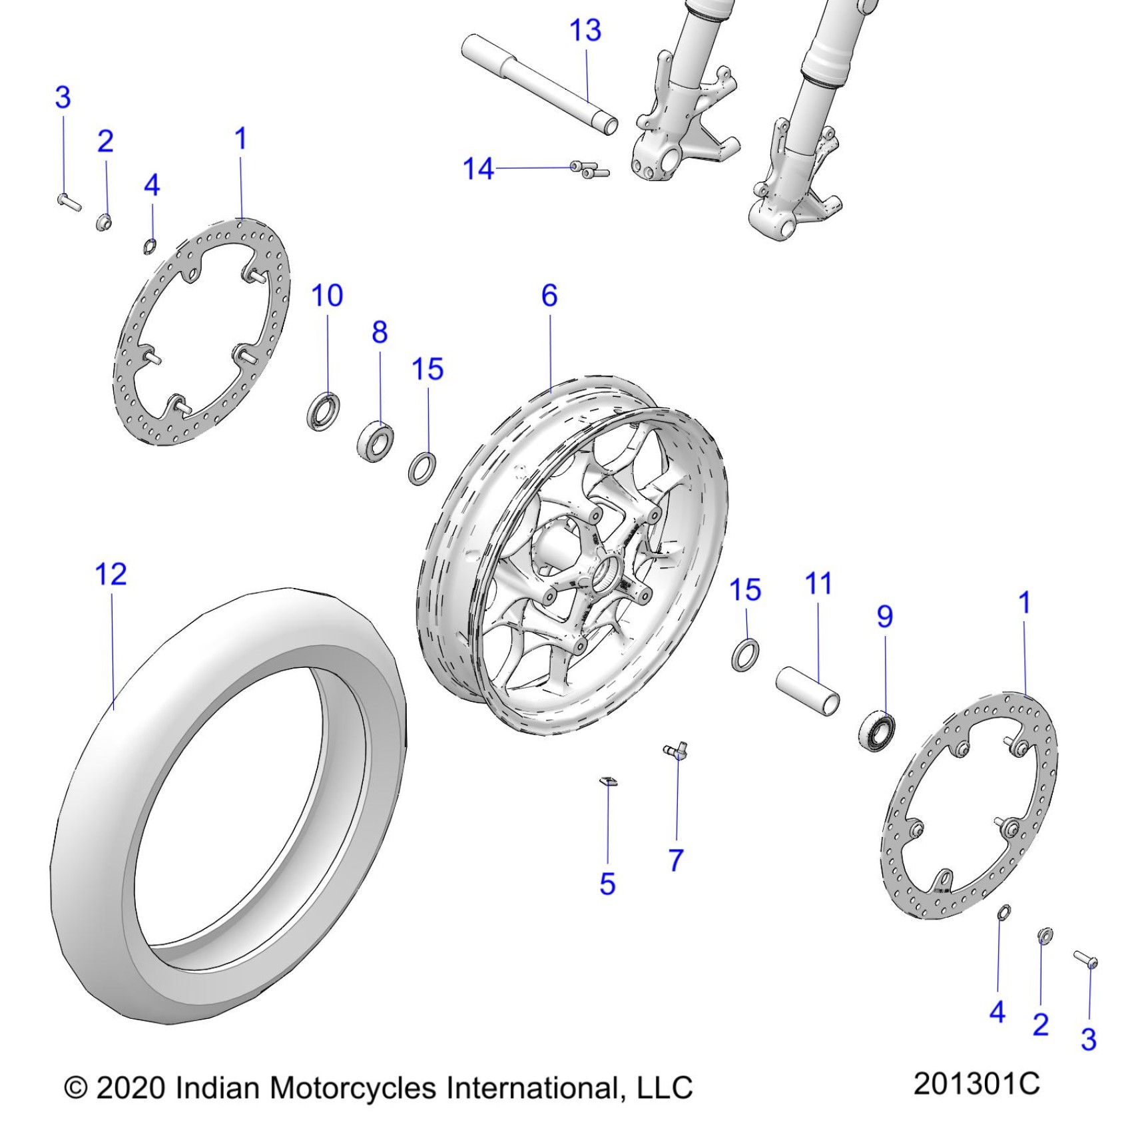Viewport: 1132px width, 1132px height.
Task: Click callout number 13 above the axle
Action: pyautogui.click(x=585, y=31)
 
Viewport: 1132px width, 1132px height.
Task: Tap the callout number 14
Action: pyautogui.click(x=478, y=169)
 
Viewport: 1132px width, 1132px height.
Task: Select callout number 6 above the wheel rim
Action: pyautogui.click(x=549, y=296)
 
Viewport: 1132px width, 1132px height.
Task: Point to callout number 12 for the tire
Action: pyautogui.click(x=111, y=574)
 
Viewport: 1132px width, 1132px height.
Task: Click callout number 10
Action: pyautogui.click(x=327, y=296)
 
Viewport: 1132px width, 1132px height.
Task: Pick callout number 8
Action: pyautogui.click(x=380, y=332)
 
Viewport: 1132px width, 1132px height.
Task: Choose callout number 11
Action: pyautogui.click(x=818, y=584)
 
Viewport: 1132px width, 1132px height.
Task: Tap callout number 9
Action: pyautogui.click(x=884, y=617)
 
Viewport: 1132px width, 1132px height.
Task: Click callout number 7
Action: pyautogui.click(x=676, y=860)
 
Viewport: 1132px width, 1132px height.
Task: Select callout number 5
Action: pyautogui.click(x=607, y=884)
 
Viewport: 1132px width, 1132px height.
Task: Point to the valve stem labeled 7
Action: pyautogui.click(x=676, y=752)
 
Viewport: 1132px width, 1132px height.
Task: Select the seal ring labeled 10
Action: pyautogui.click(x=324, y=412)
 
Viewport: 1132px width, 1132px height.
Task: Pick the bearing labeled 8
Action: pyautogui.click(x=376, y=439)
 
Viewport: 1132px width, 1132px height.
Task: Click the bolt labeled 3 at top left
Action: pyautogui.click(x=68, y=201)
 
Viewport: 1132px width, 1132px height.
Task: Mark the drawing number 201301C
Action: pyautogui.click(x=976, y=1083)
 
